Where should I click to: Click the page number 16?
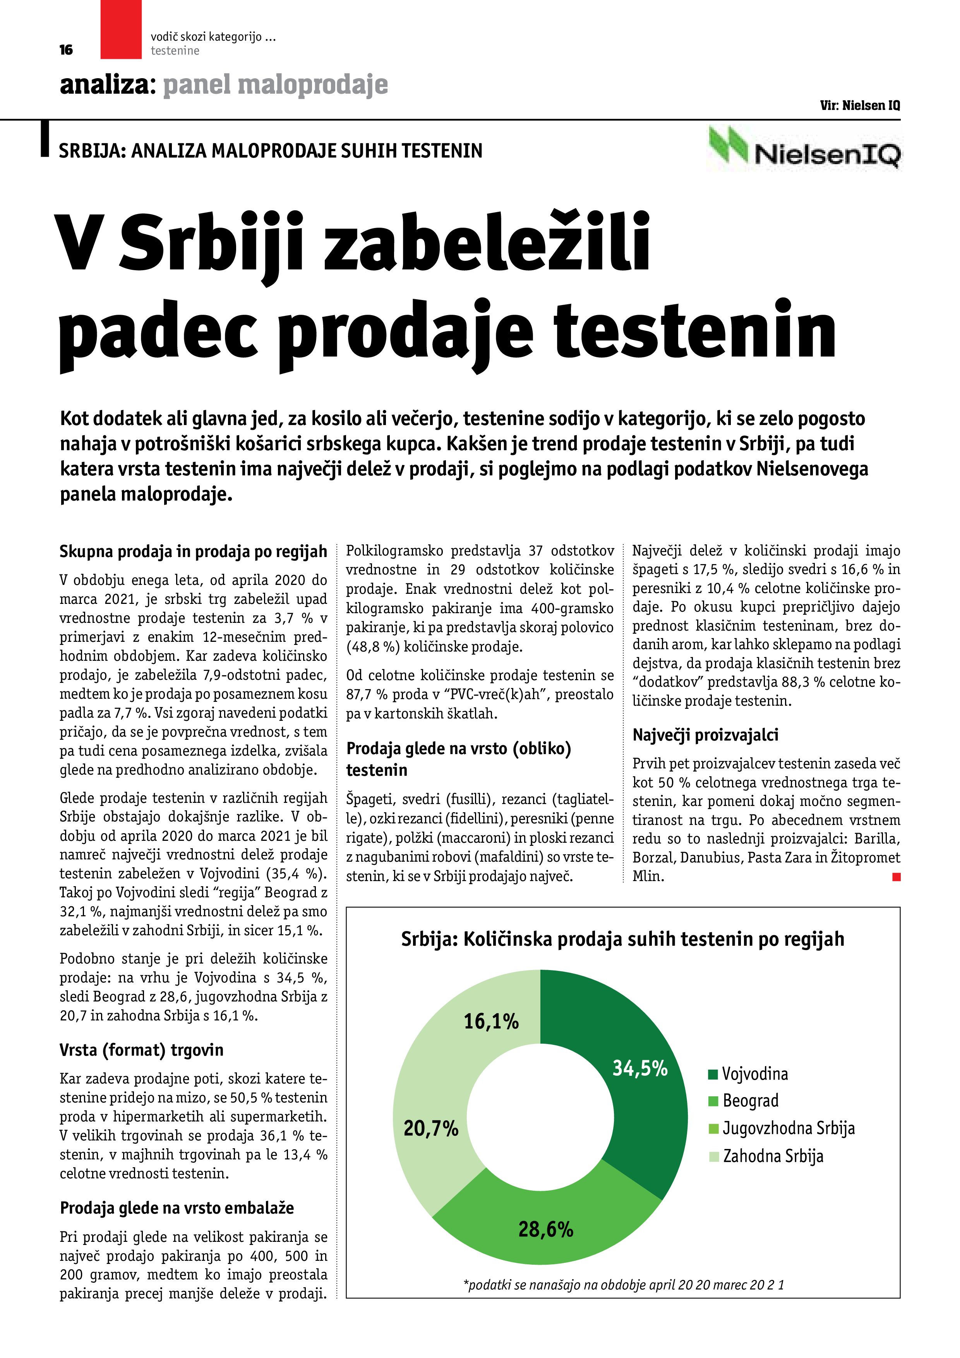(x=66, y=50)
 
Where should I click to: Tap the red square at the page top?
(x=121, y=29)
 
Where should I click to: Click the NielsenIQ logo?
(x=804, y=148)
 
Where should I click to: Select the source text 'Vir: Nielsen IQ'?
(x=859, y=106)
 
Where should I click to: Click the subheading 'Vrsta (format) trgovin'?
(x=141, y=1050)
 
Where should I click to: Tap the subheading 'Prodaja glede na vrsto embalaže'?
(x=177, y=1208)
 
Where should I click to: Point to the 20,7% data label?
(x=430, y=1128)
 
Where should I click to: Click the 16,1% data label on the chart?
(x=491, y=1022)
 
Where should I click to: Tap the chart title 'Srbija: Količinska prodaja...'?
(x=622, y=939)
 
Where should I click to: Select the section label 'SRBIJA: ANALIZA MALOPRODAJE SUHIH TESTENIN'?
(x=270, y=151)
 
